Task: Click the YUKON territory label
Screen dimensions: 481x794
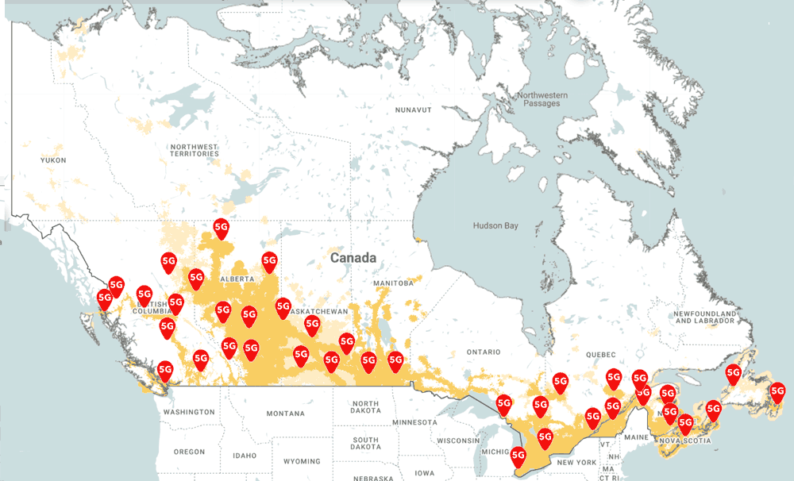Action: [x=54, y=160]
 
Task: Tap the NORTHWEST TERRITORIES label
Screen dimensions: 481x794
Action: [x=193, y=150]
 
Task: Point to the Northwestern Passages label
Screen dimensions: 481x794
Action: [x=542, y=99]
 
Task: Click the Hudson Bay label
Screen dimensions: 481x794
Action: [x=495, y=226]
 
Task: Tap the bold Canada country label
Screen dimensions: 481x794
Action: [x=353, y=258]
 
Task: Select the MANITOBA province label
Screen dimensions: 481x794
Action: [x=394, y=283]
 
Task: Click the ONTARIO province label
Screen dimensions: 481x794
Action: [x=484, y=352]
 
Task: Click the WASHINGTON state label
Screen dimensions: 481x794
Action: [x=189, y=412]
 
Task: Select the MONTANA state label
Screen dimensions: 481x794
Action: [x=285, y=414]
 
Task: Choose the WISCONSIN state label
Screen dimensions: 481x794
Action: [x=457, y=441]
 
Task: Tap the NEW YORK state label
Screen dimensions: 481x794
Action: [x=576, y=462]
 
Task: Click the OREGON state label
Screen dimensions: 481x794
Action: [x=189, y=452]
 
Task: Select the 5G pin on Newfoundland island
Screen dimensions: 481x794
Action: [x=734, y=375]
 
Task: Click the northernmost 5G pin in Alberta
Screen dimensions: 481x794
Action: [x=222, y=229]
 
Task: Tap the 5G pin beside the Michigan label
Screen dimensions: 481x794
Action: [x=518, y=456]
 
